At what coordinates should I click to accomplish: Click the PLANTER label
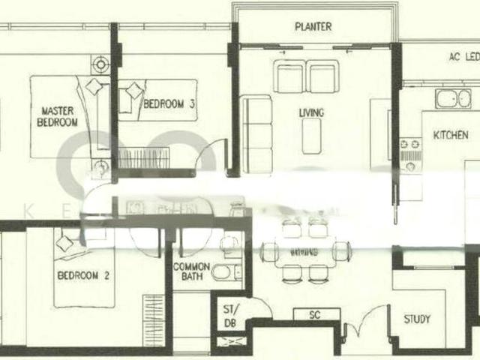(x=313, y=27)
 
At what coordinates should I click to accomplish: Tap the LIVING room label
(x=311, y=113)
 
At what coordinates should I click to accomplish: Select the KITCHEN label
(x=451, y=135)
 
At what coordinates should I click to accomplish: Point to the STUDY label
(x=417, y=319)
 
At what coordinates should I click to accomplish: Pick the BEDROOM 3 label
(x=170, y=105)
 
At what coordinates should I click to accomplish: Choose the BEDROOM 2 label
(x=83, y=275)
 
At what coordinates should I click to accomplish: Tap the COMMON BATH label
(x=191, y=271)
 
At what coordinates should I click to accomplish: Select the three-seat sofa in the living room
(x=259, y=133)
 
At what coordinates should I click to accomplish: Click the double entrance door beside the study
(x=363, y=326)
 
